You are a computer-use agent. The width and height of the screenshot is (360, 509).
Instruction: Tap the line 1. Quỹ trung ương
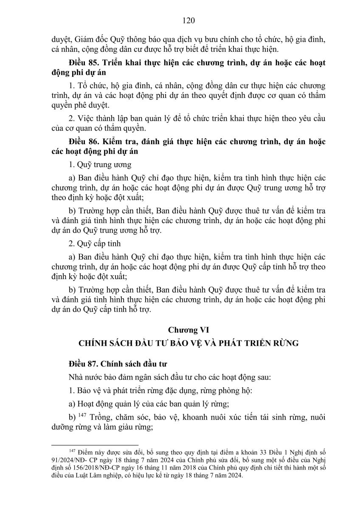(100, 164)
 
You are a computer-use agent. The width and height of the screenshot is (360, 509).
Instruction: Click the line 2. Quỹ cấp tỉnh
(95, 243)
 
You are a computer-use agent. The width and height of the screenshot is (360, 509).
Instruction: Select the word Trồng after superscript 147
(101, 417)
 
